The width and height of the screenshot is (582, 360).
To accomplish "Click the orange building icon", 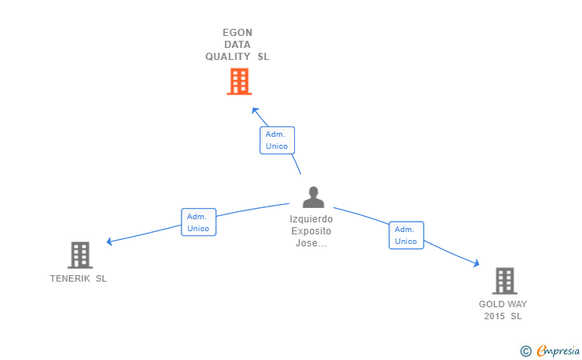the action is click(239, 82).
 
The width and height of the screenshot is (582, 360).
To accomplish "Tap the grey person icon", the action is click(313, 197).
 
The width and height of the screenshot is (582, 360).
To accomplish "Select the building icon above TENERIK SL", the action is click(80, 255).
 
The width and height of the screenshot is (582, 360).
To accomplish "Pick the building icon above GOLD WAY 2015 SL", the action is click(504, 281).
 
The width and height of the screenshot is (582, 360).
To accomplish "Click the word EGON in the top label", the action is click(237, 33).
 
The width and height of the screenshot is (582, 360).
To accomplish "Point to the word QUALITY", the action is click(228, 57).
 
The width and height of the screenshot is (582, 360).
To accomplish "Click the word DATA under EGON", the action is click(237, 45).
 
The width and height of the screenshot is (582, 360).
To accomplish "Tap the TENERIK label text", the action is click(70, 278).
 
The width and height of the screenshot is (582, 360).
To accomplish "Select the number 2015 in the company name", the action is click(494, 316).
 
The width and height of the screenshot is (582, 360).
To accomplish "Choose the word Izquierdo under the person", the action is click(311, 219).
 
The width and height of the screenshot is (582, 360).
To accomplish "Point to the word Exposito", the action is click(311, 231).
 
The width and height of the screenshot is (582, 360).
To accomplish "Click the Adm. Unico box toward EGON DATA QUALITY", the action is click(277, 141).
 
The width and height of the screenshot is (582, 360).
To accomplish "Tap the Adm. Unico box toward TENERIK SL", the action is click(198, 222).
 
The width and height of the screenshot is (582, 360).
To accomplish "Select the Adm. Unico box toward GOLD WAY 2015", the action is click(406, 235).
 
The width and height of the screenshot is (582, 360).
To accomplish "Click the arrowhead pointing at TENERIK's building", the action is click(109, 242).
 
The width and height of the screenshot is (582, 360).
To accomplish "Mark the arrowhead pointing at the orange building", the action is click(254, 110).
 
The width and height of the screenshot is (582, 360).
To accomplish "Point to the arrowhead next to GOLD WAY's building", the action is click(476, 263).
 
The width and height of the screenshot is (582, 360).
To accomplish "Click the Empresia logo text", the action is click(558, 350).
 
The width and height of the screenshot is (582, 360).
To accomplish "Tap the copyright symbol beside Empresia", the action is click(525, 351).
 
